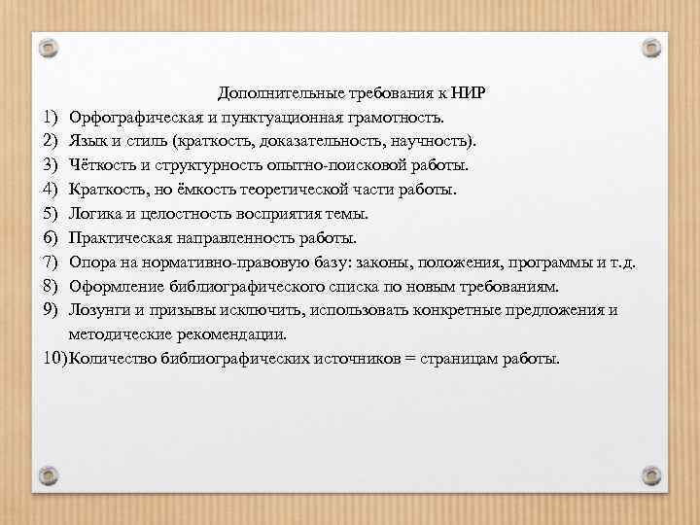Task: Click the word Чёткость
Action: (x=102, y=165)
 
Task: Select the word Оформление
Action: (x=113, y=286)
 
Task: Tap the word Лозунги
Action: (x=98, y=310)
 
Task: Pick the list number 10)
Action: (x=55, y=358)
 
